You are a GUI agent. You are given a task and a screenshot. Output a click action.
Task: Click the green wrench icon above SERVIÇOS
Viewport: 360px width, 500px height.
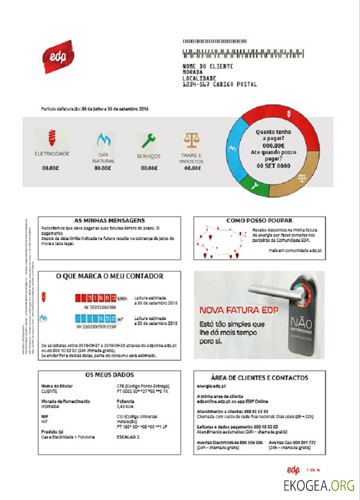tap(148, 140)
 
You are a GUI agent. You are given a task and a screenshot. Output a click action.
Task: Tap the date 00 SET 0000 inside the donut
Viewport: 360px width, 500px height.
tap(273, 165)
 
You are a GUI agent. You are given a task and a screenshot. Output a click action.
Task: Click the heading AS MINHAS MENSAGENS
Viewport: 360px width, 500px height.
tap(109, 220)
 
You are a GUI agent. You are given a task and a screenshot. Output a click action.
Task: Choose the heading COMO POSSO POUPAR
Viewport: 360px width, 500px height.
tap(259, 220)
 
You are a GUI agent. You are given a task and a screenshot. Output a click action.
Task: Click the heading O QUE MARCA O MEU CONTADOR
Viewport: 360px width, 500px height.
tap(109, 276)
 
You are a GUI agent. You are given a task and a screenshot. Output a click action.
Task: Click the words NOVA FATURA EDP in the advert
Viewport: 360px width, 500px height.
tap(238, 310)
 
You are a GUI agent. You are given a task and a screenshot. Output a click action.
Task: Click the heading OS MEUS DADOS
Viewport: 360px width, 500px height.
tap(109, 374)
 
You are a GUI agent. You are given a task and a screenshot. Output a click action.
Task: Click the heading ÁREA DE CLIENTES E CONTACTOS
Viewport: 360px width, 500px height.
tap(259, 378)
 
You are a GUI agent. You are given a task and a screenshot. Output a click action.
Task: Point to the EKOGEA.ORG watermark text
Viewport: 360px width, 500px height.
tap(318, 485)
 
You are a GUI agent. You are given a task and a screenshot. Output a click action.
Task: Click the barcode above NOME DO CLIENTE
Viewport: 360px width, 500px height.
tap(243, 54)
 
